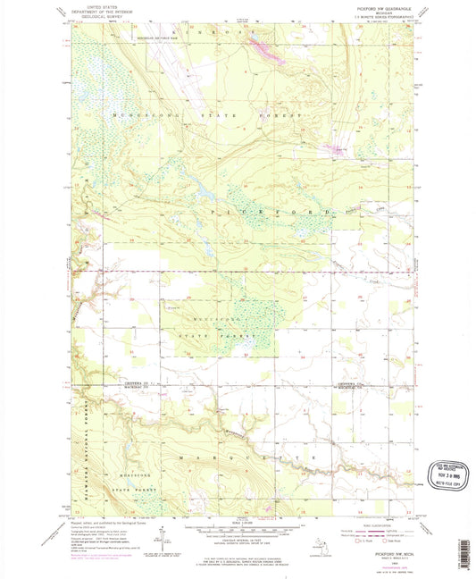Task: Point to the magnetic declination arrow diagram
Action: click(x=161, y=539)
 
